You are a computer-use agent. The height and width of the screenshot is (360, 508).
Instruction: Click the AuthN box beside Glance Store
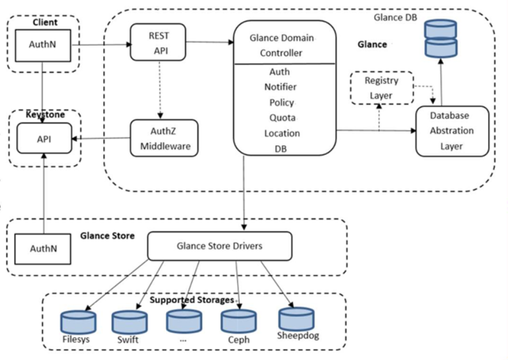(x=44, y=248)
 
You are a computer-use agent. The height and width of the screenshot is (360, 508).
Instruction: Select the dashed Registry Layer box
(x=382, y=88)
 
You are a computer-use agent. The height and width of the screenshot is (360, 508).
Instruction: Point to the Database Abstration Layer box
(x=452, y=131)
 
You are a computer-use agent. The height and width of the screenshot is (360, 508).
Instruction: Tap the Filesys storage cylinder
(x=78, y=322)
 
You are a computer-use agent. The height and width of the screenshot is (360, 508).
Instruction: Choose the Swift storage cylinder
(x=129, y=322)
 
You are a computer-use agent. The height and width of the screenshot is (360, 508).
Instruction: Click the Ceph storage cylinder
(x=238, y=322)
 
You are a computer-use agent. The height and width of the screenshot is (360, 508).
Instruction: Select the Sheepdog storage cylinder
(x=296, y=319)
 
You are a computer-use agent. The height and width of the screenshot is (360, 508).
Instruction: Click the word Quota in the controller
(x=282, y=117)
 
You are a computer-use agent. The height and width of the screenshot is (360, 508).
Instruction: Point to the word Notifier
(x=280, y=87)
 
